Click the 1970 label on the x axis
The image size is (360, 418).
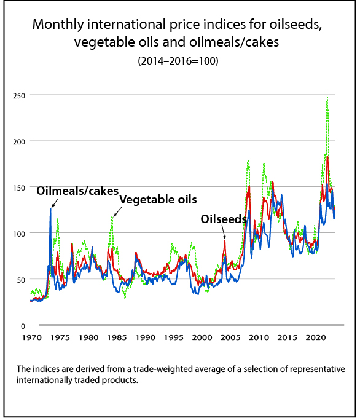pyautogui.click(x=31, y=338)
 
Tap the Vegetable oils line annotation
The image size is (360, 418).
pyautogui.click(x=158, y=200)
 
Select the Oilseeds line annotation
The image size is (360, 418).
pyautogui.click(x=224, y=219)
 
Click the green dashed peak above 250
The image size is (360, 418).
pyautogui.click(x=327, y=93)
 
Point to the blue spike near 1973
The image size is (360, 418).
pyautogui.click(x=50, y=208)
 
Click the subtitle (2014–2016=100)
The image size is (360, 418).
pyautogui.click(x=180, y=61)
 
